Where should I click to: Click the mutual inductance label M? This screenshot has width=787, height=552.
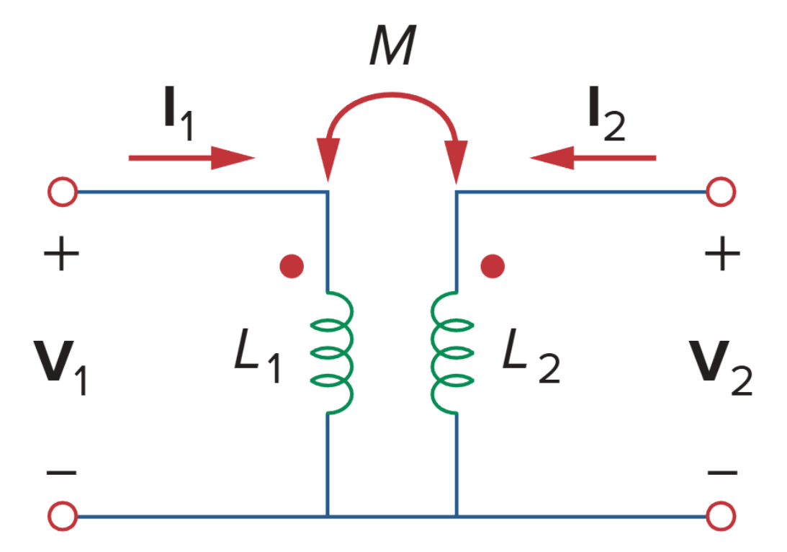pos(392,50)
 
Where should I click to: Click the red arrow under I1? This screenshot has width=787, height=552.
pos(192,157)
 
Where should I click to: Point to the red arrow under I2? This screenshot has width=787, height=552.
pos(593,157)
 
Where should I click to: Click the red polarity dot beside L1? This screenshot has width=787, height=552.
pos(292,267)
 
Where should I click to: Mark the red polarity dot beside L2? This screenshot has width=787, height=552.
pos(493,267)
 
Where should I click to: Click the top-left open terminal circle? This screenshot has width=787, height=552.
pos(62,192)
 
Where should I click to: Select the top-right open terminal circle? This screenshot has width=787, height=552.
pos(721,192)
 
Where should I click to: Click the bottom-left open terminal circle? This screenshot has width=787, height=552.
pos(62,517)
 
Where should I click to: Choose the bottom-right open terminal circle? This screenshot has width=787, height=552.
pos(721,517)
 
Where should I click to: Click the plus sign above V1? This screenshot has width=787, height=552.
pos(62,256)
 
